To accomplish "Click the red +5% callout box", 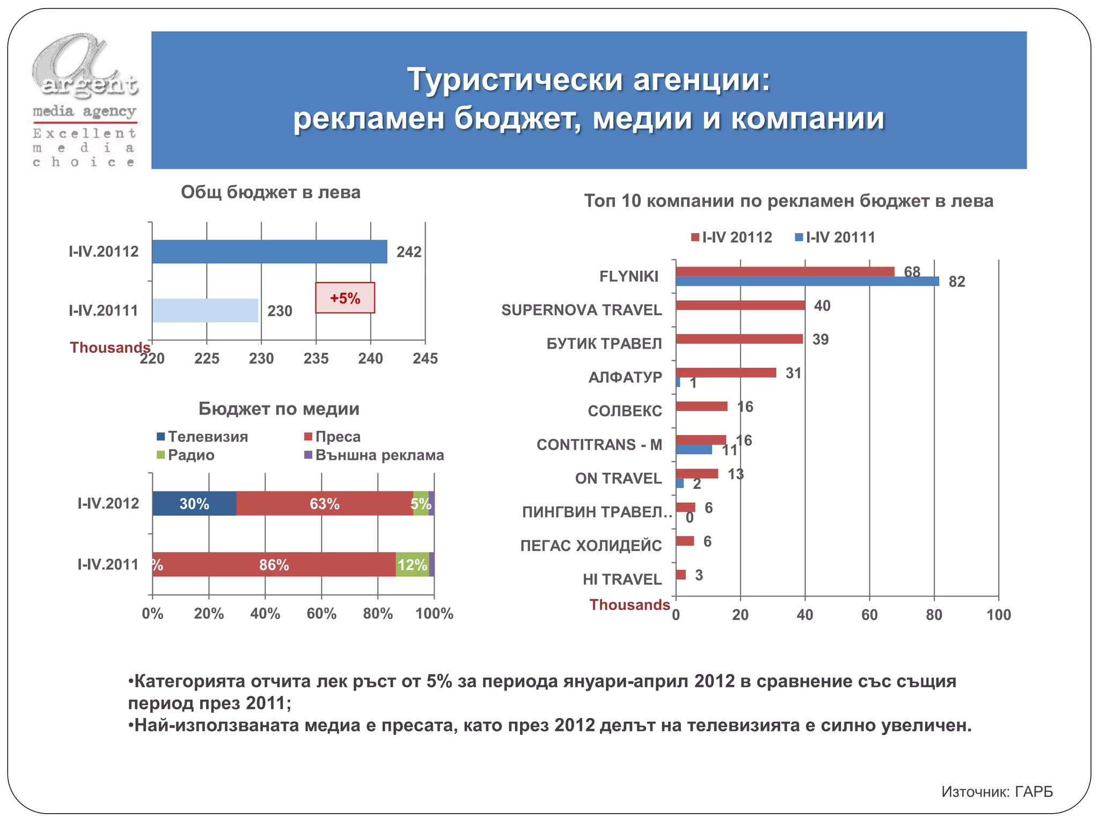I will coord(345,298).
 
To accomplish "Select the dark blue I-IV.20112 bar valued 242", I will coord(269,251).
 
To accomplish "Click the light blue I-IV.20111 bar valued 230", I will coord(205,310).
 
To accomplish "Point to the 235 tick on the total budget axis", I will coord(316,358).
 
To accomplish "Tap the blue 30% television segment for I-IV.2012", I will coord(194,504).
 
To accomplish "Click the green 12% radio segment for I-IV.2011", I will coord(412,565).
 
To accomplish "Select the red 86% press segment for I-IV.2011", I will coord(274,565).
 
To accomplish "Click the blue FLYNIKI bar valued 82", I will coord(807,281).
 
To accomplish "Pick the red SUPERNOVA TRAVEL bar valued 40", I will coord(741,306).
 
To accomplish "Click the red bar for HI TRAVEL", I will coord(681,575).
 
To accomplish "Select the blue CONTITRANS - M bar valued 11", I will coord(694,450).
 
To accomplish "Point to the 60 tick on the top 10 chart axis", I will coord(869,614).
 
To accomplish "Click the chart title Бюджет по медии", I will coord(279,409).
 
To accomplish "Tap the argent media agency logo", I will coord(85,99).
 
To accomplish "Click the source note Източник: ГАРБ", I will coord(997,792).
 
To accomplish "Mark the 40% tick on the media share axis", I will coord(265,613).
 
